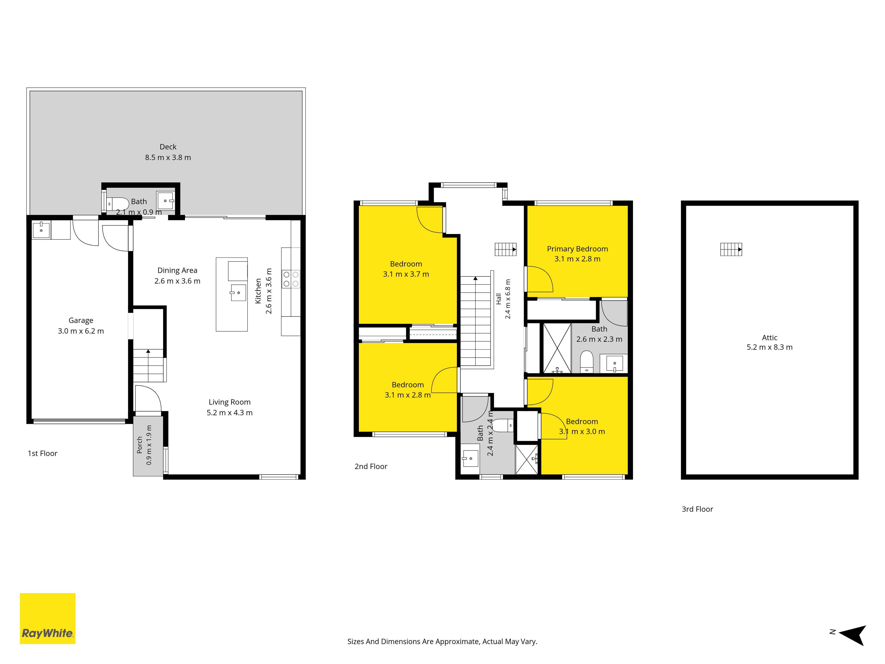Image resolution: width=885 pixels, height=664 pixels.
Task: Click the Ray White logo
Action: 48,618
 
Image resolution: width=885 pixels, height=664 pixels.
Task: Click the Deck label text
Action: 168,147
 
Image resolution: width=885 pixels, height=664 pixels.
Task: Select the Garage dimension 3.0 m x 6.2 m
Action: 81,331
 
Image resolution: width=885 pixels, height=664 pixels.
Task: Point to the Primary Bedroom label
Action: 577,249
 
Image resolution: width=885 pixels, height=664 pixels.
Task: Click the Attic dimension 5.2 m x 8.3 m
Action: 769,347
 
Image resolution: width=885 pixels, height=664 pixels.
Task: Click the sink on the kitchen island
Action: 238,293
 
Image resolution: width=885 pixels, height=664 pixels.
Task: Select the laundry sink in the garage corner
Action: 41,230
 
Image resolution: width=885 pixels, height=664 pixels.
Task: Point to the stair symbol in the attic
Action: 731,249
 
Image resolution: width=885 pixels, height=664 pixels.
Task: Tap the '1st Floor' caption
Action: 42,454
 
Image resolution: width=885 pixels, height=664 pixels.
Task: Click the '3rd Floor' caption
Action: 697,509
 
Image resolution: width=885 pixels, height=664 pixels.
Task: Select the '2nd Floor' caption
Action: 371,466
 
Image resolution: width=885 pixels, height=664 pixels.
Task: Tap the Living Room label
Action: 230,402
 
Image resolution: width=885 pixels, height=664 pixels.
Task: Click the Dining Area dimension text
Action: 177,281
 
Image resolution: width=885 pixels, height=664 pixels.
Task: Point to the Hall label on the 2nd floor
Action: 498,299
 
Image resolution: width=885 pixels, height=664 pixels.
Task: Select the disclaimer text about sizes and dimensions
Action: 442,642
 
